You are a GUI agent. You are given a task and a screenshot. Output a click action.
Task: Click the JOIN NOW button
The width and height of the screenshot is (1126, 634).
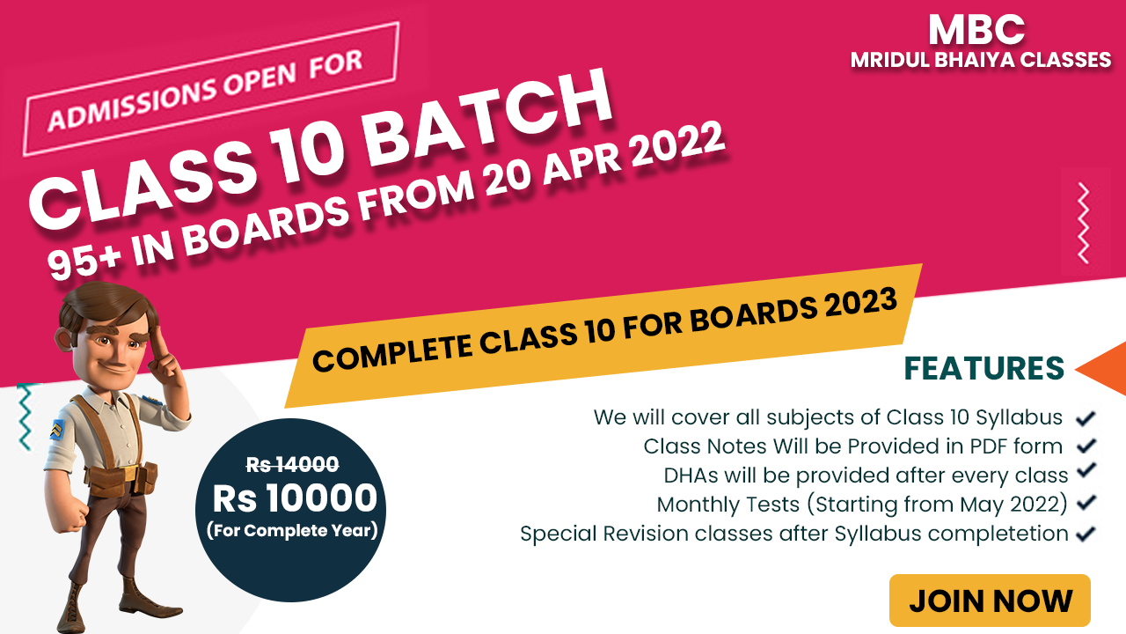coord(990,601)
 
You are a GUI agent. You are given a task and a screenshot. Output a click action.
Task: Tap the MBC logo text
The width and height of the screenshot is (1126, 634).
coord(976,30)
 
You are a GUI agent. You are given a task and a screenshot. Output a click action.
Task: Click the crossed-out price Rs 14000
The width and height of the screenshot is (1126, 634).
coord(292,464)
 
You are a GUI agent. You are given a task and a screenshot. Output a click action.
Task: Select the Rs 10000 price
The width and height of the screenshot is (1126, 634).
coord(295,498)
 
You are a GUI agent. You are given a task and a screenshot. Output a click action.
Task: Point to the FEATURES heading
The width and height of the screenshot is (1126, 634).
coord(984,368)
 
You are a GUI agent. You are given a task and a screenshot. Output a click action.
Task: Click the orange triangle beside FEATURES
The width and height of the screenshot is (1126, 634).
coord(1103,369)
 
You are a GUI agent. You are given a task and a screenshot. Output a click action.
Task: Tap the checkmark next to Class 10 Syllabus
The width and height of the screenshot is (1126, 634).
coord(1086,417)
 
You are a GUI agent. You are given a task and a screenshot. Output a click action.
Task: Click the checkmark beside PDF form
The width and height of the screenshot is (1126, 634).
coord(1086,446)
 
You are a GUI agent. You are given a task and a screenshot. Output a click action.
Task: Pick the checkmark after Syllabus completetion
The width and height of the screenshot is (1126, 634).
coord(1086,534)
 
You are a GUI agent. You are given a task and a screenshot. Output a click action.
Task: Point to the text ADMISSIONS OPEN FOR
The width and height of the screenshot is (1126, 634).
coord(206,91)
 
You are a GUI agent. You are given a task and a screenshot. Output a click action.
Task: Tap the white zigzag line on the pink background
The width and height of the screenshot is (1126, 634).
coord(1083,223)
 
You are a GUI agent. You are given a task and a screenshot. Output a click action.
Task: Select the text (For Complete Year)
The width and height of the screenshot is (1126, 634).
coord(292,530)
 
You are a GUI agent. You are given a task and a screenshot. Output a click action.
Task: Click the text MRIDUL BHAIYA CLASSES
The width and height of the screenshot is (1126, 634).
coord(980,61)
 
